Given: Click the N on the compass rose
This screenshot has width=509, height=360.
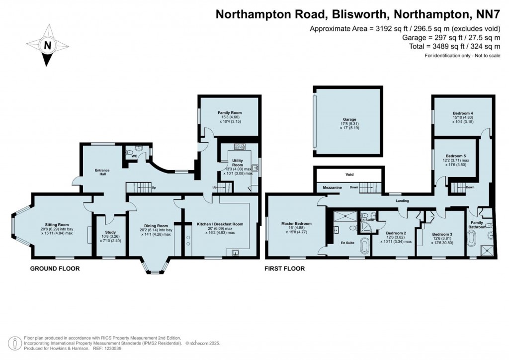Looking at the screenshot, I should [48, 45].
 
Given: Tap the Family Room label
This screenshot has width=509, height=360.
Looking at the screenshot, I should [230, 113].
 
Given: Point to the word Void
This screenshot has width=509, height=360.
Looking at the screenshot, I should [349, 175].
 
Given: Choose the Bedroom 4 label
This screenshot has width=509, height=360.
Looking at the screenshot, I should [463, 113].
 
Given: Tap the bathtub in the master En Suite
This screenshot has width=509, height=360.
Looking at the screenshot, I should [365, 246].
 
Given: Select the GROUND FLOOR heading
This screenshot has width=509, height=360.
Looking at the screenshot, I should [55, 269].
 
